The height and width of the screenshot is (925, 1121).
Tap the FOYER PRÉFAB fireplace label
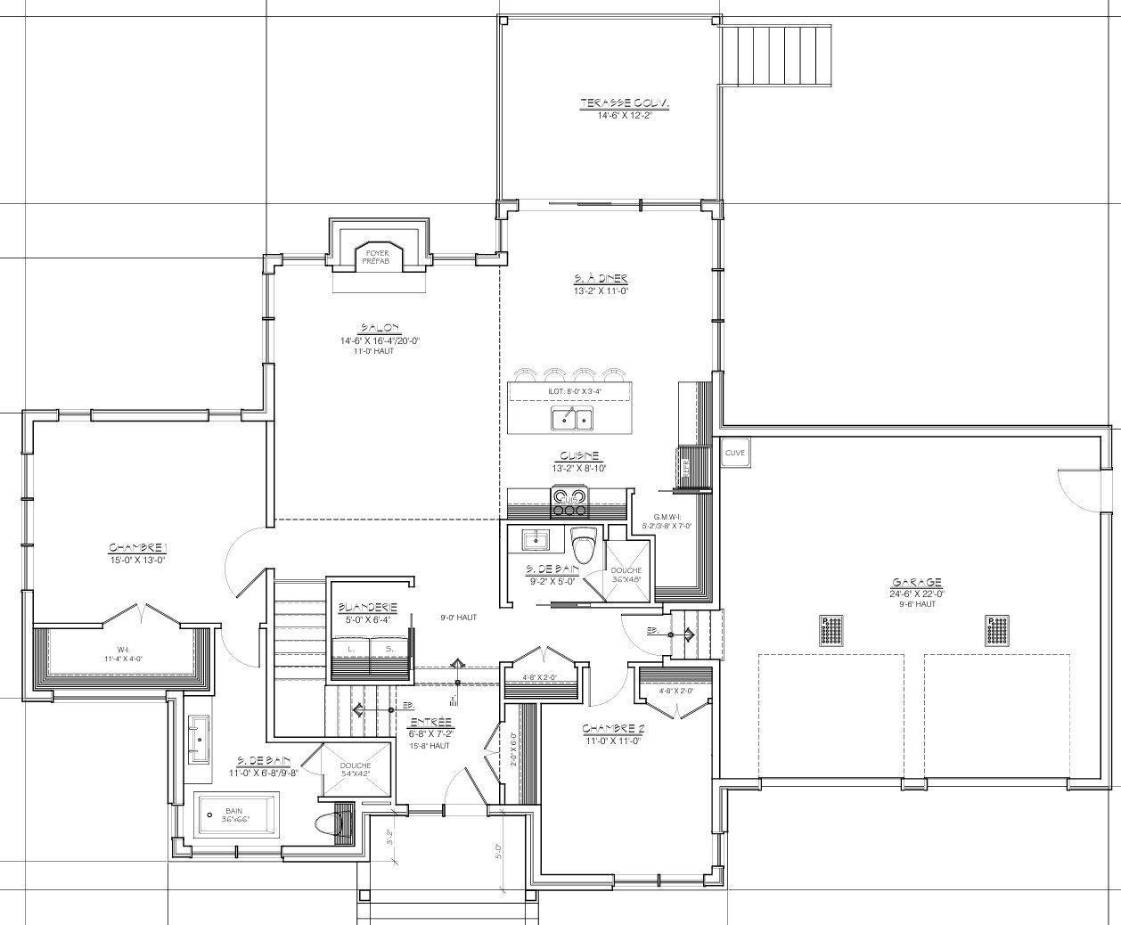[x=376, y=257]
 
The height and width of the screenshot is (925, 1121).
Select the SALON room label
[x=380, y=328]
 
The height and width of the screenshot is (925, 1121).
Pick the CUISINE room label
[x=579, y=455]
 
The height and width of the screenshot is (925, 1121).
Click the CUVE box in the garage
[x=734, y=453]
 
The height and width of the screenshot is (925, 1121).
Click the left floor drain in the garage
[x=831, y=631]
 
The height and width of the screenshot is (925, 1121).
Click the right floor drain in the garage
[x=997, y=631]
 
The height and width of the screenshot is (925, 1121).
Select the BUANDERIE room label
[x=367, y=608]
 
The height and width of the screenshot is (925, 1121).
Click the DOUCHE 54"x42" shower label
[x=355, y=767]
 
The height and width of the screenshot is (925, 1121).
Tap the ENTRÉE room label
[x=430, y=722]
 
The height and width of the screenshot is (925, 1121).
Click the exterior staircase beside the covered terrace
[x=777, y=54]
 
